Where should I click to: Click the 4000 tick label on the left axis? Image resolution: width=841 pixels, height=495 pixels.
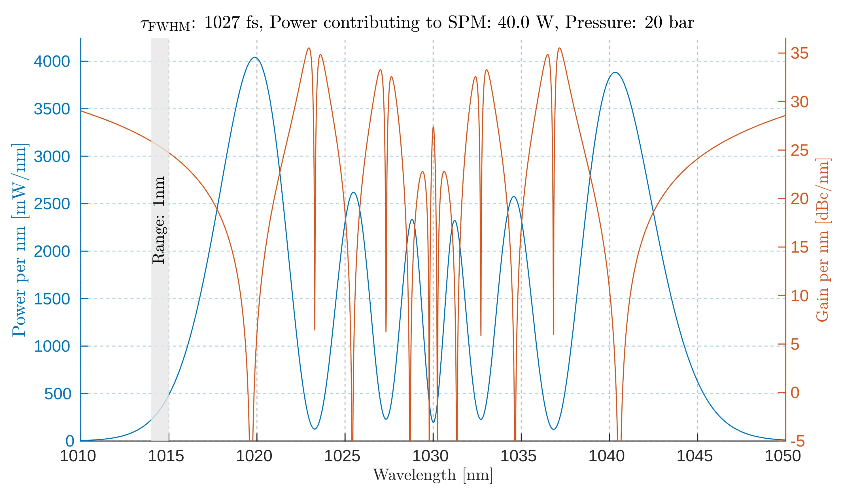(52, 62)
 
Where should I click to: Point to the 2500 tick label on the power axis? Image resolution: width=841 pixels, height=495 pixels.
(52, 204)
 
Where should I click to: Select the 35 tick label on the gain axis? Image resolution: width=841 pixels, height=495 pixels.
(800, 53)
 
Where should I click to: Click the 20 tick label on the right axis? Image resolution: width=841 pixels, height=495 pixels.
(800, 199)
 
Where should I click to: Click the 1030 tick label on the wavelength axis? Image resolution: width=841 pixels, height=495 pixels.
(430, 456)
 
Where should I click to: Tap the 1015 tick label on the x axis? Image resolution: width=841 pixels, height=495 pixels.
(166, 456)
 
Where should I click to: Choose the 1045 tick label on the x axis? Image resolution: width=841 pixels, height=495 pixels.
(695, 456)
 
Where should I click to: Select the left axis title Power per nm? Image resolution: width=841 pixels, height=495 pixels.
(19, 240)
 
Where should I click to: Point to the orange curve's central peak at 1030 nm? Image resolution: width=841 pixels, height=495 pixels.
(433, 127)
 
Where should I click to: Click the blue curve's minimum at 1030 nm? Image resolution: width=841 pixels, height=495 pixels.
(433, 422)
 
